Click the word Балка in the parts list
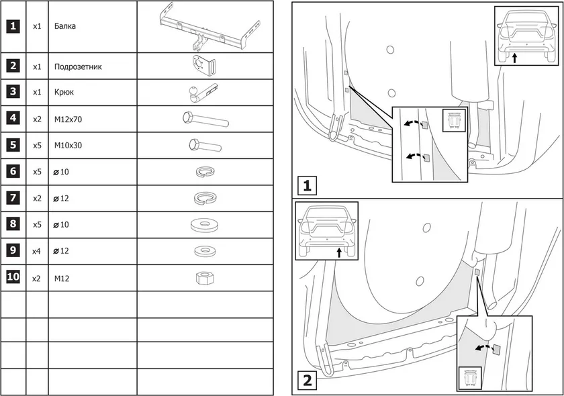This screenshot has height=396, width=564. (66, 27)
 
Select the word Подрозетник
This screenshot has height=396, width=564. (78, 67)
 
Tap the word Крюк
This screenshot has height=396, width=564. (64, 93)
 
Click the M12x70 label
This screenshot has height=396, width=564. (68, 119)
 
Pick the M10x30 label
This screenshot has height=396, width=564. (68, 145)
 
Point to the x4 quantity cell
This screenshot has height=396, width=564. (37, 251)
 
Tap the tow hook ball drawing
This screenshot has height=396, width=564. (201, 93)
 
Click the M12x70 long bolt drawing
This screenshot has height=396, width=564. (205, 120)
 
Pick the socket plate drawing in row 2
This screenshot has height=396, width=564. (202, 66)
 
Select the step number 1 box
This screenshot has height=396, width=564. (306, 185)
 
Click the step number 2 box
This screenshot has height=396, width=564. (306, 381)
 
